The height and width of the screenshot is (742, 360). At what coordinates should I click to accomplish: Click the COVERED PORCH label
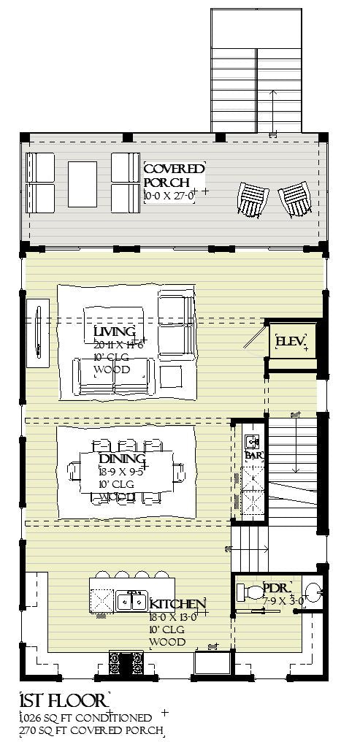(174, 175)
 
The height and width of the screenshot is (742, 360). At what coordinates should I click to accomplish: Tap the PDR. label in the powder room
(277, 588)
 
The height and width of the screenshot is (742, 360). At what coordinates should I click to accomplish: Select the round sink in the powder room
(312, 590)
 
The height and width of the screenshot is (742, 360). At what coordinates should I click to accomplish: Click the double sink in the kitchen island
(132, 601)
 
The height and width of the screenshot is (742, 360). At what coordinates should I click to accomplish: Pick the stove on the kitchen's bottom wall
(126, 663)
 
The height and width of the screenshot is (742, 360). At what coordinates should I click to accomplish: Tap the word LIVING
(115, 333)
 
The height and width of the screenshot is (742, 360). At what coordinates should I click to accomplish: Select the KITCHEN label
(177, 604)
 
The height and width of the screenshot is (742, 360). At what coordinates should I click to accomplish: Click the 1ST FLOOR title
(63, 702)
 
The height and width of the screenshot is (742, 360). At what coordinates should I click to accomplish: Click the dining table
(126, 471)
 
